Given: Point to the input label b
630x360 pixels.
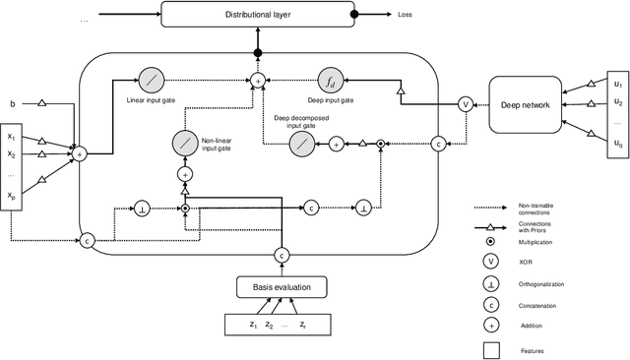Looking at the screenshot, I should tap(13, 102).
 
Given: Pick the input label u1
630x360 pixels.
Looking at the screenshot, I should tap(618, 85).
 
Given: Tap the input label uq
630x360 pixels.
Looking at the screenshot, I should tap(618, 145).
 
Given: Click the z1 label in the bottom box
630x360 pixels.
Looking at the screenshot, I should tap(254, 324).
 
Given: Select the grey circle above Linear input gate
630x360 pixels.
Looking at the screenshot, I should tap(152, 79).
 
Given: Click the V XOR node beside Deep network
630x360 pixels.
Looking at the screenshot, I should tap(466, 102).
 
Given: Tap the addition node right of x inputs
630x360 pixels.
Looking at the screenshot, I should tap(80, 152).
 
